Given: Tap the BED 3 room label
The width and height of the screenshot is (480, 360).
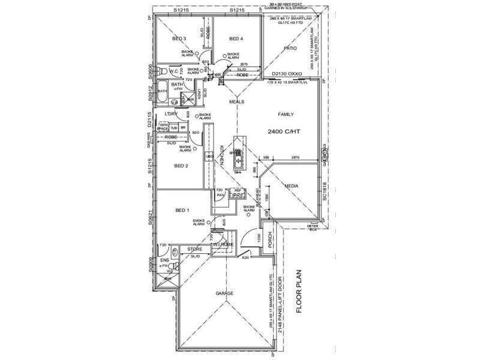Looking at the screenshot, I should (179, 39).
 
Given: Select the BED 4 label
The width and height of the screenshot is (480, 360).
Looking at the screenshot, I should (237, 39).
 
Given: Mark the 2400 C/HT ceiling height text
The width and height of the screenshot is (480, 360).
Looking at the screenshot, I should (284, 130).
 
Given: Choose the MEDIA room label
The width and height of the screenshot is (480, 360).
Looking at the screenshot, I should (292, 187).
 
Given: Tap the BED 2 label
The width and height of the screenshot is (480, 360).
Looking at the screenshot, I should (181, 166).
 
